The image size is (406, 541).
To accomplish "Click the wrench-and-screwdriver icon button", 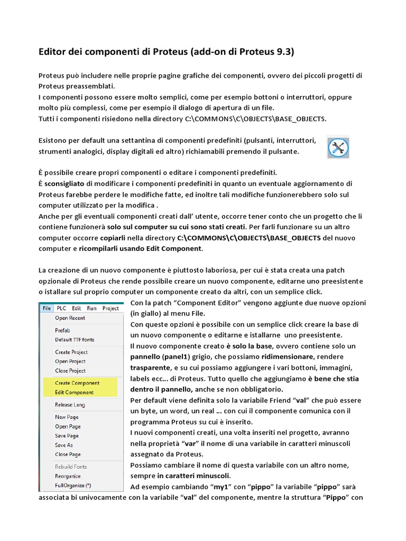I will point(338,147).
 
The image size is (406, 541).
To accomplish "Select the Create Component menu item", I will point(77,383).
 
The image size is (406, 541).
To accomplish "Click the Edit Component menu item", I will point(75,392).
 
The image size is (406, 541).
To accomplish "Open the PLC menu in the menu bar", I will point(61,308).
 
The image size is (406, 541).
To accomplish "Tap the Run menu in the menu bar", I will point(91,308).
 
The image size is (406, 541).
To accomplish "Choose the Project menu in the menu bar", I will point(110,308).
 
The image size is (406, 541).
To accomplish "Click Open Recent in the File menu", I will point(70,318).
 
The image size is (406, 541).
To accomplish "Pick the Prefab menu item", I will point(63,330).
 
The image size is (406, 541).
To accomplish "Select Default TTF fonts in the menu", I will point(75,340).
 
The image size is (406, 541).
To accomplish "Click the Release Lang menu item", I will point(70,405).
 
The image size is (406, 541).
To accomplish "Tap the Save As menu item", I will point(64,445).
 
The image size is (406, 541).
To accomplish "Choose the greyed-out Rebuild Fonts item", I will point(71,467).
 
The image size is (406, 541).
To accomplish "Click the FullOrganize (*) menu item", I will point(73,485).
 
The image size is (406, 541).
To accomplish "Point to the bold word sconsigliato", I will point(64,183).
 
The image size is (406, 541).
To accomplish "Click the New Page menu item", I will point(67,417).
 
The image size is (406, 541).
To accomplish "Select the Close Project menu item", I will point(70,370).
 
